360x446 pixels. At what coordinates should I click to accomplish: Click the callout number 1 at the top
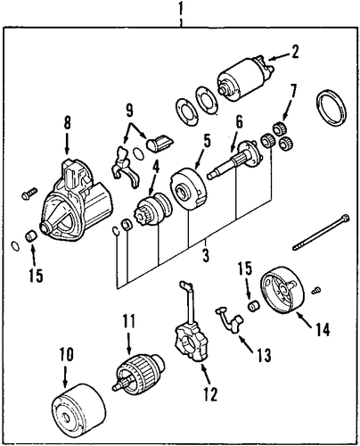(180, 8)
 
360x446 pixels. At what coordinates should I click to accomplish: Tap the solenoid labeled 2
(244, 78)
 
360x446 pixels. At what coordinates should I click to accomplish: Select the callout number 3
(206, 255)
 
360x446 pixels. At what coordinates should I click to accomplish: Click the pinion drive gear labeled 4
(152, 210)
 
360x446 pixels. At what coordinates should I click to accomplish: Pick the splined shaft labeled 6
(234, 160)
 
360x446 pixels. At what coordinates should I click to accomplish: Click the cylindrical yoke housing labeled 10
(78, 414)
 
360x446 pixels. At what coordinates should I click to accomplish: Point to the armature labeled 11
(139, 372)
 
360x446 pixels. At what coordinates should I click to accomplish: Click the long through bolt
(321, 232)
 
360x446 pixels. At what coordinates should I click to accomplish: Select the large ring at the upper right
(331, 107)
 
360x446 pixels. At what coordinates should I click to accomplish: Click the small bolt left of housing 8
(29, 194)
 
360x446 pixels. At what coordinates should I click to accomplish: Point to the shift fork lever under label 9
(125, 168)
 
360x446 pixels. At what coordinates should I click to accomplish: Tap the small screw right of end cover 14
(316, 291)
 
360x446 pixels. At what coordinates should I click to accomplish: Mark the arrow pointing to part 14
(306, 319)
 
